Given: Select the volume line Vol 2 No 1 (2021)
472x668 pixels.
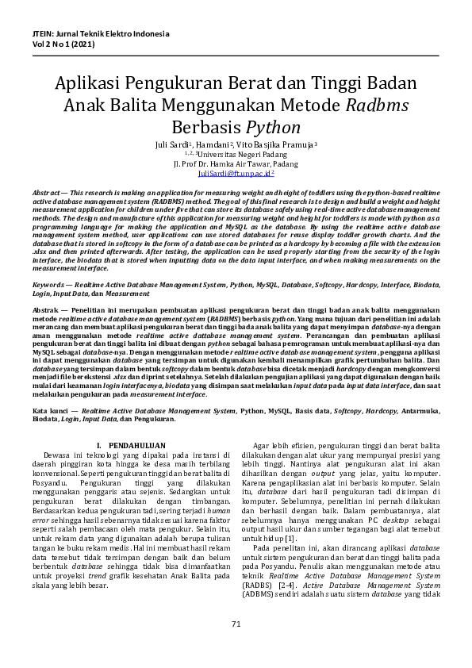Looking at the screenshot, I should click(66, 46).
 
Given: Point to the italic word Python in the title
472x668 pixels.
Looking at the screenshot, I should click(272, 127).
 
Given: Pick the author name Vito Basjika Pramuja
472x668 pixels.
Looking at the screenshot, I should click(274, 145).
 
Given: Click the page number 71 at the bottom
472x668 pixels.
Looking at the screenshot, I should click(236, 647).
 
